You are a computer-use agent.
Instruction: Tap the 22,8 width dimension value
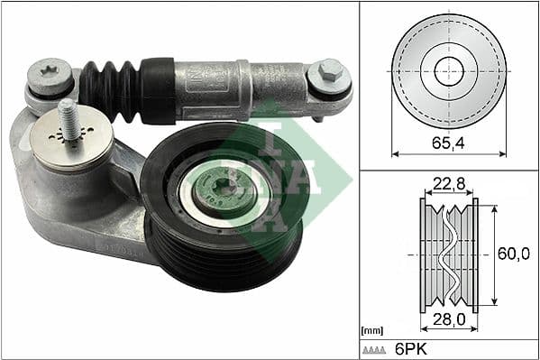(448, 185)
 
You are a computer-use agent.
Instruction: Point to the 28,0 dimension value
(448, 319)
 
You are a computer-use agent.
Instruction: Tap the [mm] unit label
(372, 331)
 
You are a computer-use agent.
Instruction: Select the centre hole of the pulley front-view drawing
(449, 70)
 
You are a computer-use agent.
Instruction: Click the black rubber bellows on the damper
(110, 89)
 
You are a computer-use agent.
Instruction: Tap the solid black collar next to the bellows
(158, 90)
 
